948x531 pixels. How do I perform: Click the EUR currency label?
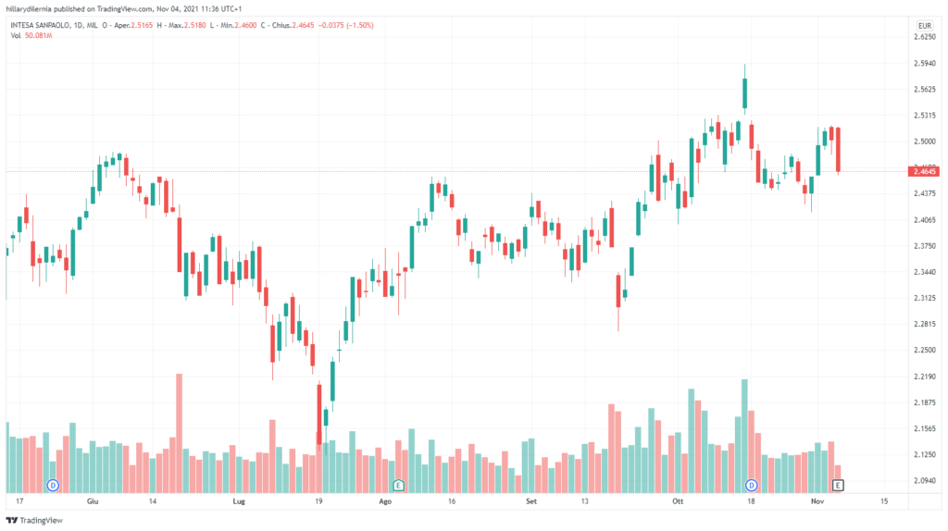click(923, 25)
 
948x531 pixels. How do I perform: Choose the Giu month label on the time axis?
click(92, 500)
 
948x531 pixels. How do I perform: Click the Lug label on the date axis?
click(239, 500)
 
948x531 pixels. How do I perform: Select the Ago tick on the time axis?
click(386, 500)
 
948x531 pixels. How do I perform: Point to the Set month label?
click(531, 500)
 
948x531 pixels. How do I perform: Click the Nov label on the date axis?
click(817, 500)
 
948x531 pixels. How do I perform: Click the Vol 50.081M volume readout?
click(32, 35)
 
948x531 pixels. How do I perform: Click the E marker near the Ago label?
click(398, 485)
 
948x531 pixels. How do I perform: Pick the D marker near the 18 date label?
click(751, 485)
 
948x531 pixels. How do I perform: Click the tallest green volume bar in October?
click(744, 435)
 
